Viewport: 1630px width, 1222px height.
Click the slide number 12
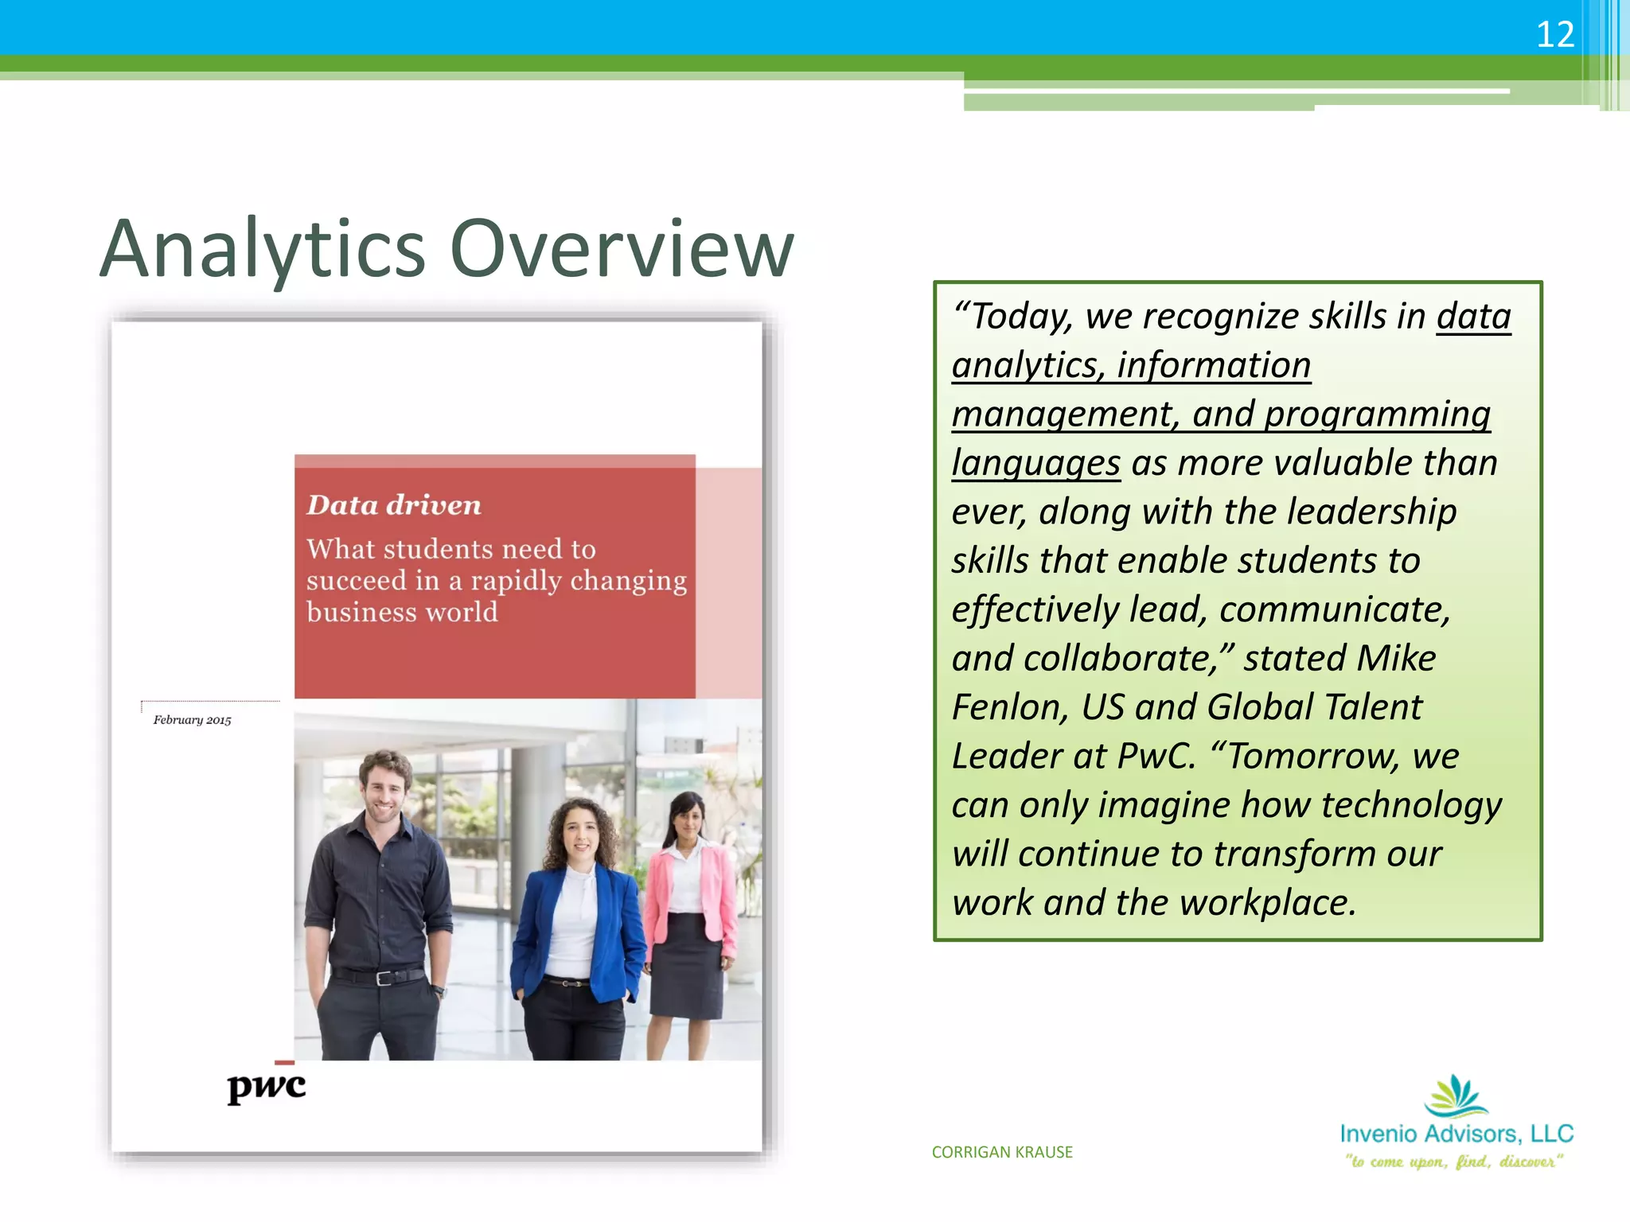click(1554, 34)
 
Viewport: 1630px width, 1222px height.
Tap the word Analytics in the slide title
click(263, 248)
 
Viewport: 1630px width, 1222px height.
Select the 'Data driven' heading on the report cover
click(394, 505)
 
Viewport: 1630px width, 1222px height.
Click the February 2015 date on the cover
click(192, 720)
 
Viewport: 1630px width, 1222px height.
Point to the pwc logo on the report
click(266, 1086)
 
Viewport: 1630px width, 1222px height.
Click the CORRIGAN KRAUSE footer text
click(1002, 1152)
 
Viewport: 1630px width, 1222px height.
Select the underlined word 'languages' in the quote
click(1035, 463)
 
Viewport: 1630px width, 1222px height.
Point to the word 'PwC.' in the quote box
click(1156, 756)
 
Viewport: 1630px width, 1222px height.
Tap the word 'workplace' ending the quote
click(1267, 903)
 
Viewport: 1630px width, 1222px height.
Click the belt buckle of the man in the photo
click(383, 977)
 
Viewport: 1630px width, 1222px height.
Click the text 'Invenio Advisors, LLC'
click(1456, 1134)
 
